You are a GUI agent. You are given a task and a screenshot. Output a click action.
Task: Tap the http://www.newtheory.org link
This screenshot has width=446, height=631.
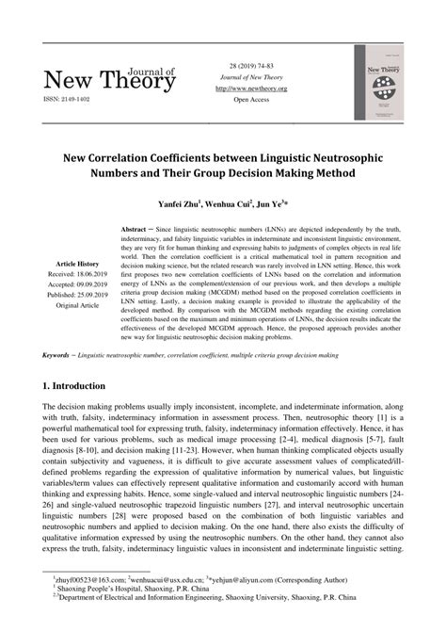coord(251,88)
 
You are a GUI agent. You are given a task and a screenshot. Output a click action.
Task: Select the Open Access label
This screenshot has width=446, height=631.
coord(251,99)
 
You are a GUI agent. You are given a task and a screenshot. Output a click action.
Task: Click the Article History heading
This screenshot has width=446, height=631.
coord(77,264)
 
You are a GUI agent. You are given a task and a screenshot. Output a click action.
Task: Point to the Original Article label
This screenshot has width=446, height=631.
coord(77,305)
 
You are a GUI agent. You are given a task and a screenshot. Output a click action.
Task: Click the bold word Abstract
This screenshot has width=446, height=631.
coord(139,229)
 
